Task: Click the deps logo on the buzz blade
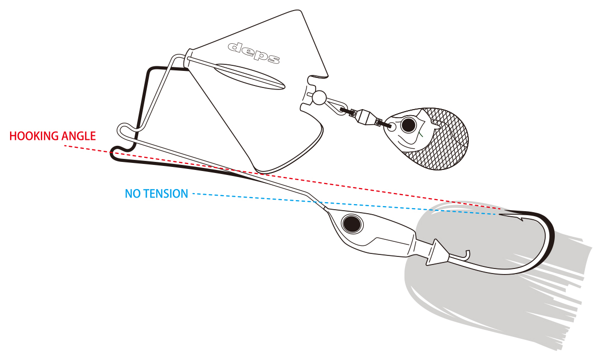(254, 52)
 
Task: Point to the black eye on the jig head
(351, 222)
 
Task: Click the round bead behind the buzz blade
(319, 97)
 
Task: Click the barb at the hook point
(518, 218)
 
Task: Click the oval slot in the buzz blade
(250, 78)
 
